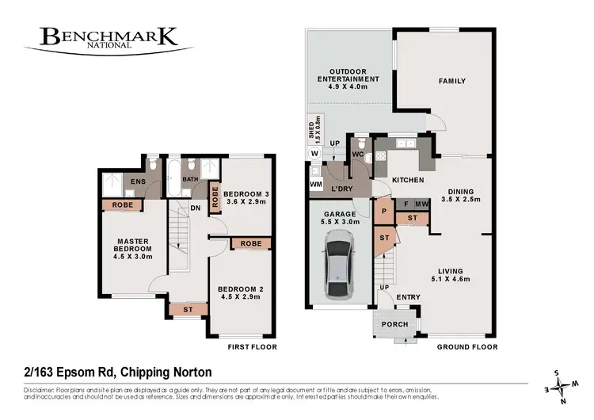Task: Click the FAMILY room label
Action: point(452,81)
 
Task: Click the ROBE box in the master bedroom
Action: point(123,205)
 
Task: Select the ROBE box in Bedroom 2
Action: point(251,243)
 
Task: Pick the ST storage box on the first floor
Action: point(187,309)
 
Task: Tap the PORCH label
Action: point(394,324)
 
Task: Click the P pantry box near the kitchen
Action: point(383,212)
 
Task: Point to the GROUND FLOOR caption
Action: point(469,346)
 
